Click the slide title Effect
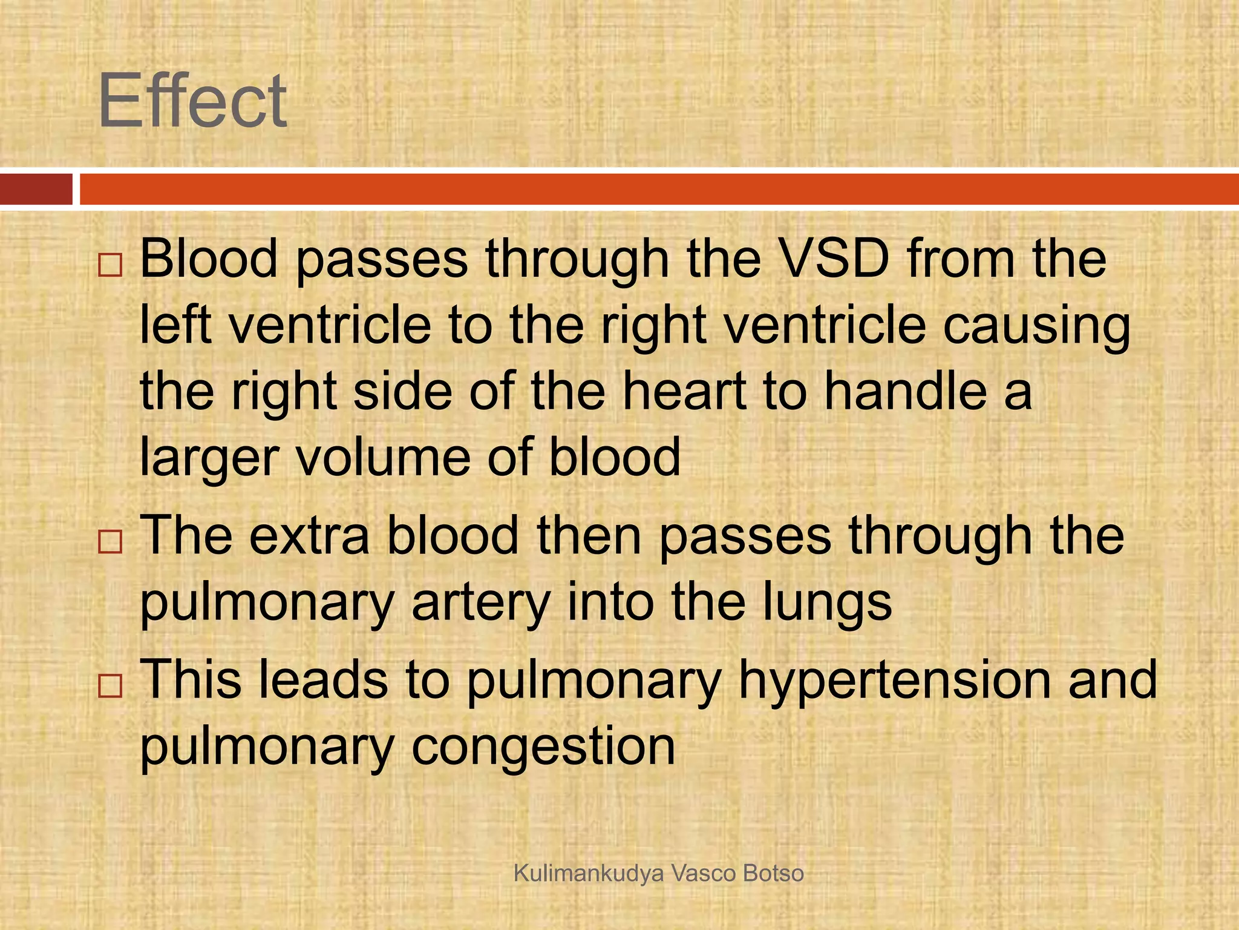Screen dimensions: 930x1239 click(192, 101)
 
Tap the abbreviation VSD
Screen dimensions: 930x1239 click(828, 259)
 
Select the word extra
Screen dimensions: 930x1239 click(309, 535)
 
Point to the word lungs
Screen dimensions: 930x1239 click(826, 604)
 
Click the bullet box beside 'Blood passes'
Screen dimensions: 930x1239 click(110, 265)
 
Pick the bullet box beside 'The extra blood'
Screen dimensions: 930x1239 click(110, 542)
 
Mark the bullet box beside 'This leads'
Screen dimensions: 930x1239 click(110, 686)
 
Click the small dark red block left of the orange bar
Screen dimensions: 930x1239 click(36, 189)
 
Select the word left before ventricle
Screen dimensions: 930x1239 click(175, 326)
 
